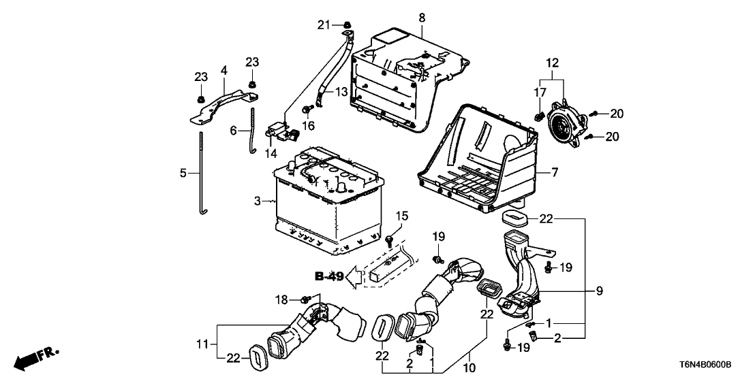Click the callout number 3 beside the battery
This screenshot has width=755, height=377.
[257, 201]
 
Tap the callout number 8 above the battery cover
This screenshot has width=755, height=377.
[422, 16]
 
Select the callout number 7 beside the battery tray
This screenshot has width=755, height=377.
[555, 174]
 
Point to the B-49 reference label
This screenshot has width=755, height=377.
[329, 276]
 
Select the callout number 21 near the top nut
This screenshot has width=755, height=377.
[324, 25]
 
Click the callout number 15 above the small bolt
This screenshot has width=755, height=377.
[402, 216]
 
